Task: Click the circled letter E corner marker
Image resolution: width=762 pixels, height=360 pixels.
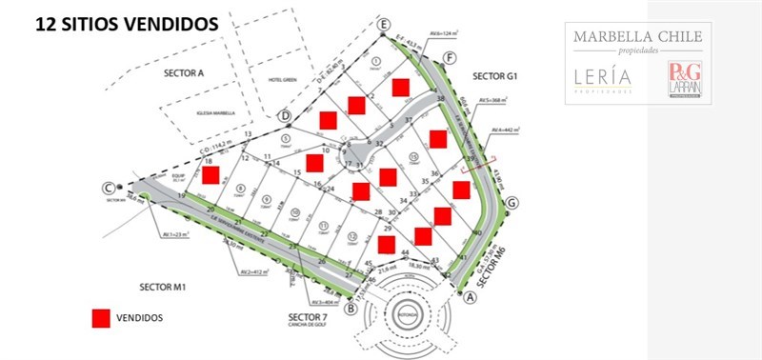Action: click(384, 23)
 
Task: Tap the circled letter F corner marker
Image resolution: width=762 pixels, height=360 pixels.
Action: click(448, 57)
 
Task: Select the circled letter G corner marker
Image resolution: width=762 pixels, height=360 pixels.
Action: click(512, 203)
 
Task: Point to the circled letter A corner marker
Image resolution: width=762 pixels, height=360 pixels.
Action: click(469, 296)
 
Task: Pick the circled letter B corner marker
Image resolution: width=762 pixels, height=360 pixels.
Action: click(351, 308)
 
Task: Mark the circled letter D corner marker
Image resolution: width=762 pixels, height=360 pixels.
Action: click(284, 115)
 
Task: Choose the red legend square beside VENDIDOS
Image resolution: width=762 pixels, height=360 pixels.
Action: click(100, 319)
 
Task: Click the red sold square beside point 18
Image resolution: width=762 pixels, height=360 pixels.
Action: click(211, 175)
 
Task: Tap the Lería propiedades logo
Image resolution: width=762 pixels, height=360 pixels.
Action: click(603, 81)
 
